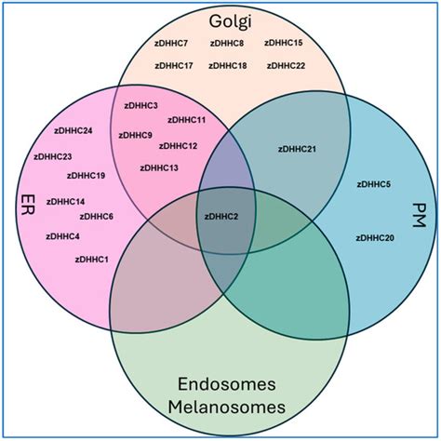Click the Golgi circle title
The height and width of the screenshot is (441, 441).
coord(230,22)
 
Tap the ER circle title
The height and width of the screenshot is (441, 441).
coord(28,205)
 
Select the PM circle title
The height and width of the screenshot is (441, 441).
coord(419,215)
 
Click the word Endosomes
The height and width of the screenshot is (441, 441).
coord(227,384)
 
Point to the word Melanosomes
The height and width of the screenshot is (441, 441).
coord(227,407)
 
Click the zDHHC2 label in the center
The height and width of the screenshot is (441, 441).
coord(221,217)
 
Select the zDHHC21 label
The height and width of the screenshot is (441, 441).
coord(297,149)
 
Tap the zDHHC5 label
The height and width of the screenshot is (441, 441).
coord(374,184)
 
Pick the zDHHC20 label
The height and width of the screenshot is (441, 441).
coord(375,238)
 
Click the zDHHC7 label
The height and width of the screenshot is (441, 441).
coord(171,43)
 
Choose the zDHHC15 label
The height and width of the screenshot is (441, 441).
coord(284,43)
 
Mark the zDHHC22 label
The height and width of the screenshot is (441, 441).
coord(286,66)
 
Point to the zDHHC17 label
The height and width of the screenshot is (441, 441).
coord(174,66)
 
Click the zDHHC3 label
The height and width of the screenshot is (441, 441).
coord(141,106)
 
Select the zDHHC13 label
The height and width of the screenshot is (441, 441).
coord(159,168)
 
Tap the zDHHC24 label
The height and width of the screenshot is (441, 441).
coord(73,131)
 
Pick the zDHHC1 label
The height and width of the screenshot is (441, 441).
coord(92,260)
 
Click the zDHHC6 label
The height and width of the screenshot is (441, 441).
coord(97,217)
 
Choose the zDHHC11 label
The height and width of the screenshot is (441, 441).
coord(187,120)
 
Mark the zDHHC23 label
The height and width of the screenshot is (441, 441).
coord(53,157)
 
